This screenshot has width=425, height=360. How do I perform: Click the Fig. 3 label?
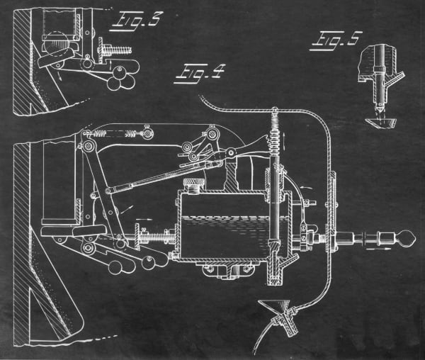tap(137, 22)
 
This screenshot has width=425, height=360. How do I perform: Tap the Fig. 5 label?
tap(336, 40)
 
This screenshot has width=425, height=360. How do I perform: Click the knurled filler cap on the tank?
tap(194, 186)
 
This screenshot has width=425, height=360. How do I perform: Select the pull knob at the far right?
tap(405, 238)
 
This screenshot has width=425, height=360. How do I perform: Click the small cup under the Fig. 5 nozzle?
tap(382, 123)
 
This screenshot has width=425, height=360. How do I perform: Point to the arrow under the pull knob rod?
tap(377, 247)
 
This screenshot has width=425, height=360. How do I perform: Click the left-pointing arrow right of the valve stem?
tap(306, 187)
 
